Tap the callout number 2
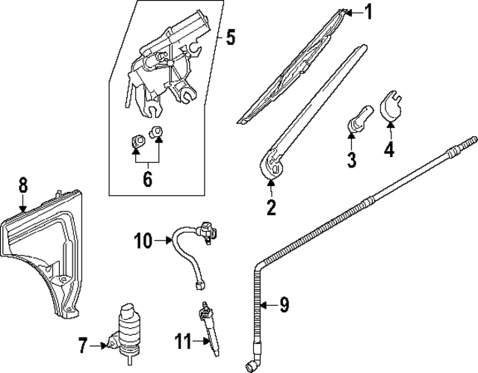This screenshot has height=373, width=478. (271, 206)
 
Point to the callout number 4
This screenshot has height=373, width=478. (388, 149)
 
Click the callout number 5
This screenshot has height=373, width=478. (231, 35)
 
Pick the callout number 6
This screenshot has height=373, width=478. (147, 179)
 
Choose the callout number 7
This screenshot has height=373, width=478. (82, 345)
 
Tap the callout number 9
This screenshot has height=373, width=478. (283, 304)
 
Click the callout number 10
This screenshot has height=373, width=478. (143, 240)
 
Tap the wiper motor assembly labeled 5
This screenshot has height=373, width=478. (168, 64)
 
